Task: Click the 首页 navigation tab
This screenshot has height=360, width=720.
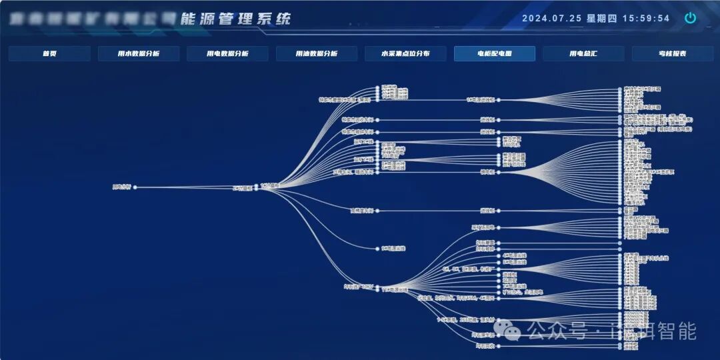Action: (x=49, y=54)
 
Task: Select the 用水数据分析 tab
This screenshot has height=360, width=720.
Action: (x=139, y=54)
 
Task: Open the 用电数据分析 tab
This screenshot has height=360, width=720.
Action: (x=227, y=54)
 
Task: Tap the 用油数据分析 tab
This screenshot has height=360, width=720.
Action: (x=317, y=54)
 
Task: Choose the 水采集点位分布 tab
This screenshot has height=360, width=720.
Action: (x=405, y=54)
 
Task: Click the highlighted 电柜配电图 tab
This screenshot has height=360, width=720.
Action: (x=495, y=54)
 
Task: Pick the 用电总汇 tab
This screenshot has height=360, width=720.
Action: (x=583, y=54)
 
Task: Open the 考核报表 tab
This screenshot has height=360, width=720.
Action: (x=673, y=54)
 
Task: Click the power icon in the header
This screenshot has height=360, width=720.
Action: (x=691, y=18)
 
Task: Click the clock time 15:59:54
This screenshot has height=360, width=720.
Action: (x=646, y=19)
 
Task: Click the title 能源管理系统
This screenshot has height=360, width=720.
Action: (x=236, y=18)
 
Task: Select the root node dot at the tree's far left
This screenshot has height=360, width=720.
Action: (x=135, y=187)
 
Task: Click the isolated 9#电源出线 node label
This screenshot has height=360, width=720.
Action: (x=393, y=249)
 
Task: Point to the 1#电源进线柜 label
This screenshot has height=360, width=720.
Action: (x=480, y=100)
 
